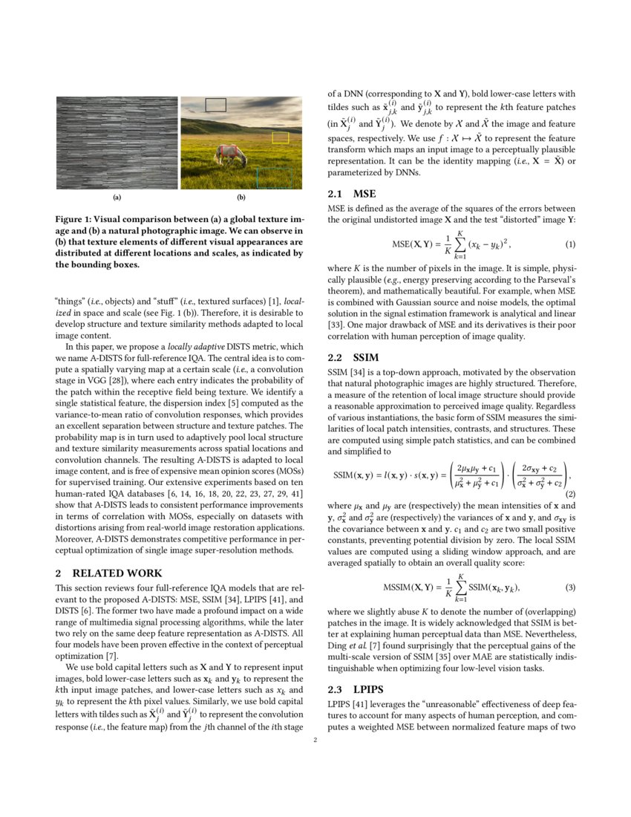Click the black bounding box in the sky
[x=215, y=105]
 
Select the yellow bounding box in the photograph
[x=280, y=137]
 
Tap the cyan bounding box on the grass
[x=275, y=178]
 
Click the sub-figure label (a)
[x=117, y=198]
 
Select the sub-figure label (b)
[x=241, y=198]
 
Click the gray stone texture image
[x=117, y=143]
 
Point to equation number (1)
[x=570, y=244]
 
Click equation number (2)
[x=570, y=493]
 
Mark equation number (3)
[x=570, y=587]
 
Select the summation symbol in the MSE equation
[x=459, y=244]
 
